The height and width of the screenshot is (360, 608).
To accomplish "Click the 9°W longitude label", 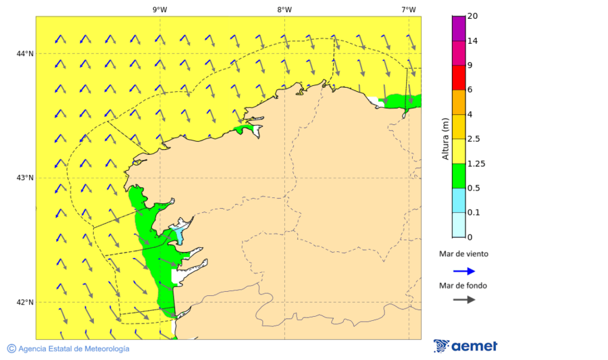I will [160, 9].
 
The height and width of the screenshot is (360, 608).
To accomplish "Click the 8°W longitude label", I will [284, 9].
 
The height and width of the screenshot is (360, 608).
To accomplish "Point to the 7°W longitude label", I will [408, 9].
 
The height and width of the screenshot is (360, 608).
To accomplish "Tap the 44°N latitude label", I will [25, 53].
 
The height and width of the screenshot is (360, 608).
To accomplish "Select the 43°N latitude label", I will [25, 178].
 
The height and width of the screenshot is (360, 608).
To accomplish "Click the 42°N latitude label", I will [25, 302].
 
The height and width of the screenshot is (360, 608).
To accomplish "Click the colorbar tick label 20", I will [474, 16].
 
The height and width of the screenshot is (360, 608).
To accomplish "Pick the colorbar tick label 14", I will [474, 41].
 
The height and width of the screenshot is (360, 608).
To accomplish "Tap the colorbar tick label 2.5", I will [475, 139].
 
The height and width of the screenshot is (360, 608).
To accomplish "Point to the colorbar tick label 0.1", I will [475, 213].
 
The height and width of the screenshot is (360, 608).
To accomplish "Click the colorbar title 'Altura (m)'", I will [445, 138].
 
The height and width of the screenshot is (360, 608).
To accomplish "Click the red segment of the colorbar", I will [459, 78].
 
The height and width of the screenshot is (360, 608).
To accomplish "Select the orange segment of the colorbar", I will [459, 102].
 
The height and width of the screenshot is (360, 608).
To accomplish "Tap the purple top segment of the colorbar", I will [459, 28].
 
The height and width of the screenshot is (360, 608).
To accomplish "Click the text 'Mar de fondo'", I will [463, 285].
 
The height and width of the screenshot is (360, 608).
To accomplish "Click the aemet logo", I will [465, 346].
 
